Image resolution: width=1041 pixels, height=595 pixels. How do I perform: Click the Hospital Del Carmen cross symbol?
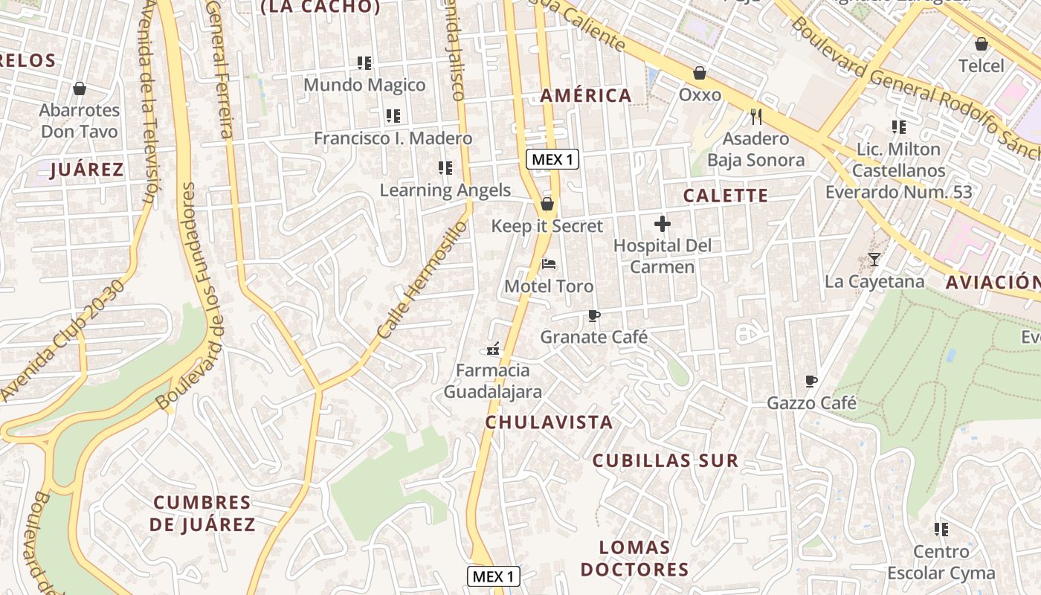pyautogui.click(x=662, y=223)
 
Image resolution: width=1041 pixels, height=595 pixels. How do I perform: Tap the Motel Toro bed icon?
pyautogui.click(x=549, y=264)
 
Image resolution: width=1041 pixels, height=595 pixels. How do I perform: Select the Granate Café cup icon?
pyautogui.click(x=593, y=315)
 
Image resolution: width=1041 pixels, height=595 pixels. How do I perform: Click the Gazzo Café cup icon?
pyautogui.click(x=811, y=382)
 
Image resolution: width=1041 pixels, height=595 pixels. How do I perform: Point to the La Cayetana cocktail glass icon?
pyautogui.click(x=874, y=260)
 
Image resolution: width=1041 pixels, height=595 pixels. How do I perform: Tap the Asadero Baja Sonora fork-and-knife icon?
pyautogui.click(x=756, y=116)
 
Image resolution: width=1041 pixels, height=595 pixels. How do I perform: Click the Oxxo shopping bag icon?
pyautogui.click(x=700, y=73)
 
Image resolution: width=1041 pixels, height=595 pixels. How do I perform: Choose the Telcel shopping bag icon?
pyautogui.click(x=981, y=44)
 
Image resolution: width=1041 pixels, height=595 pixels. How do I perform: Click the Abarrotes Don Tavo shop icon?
pyautogui.click(x=80, y=89)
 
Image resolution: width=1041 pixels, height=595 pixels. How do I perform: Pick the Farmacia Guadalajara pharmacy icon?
pyautogui.click(x=492, y=348)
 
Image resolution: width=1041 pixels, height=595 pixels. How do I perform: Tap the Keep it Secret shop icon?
pyautogui.click(x=547, y=204)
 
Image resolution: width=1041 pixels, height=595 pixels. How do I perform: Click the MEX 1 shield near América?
pyautogui.click(x=552, y=159)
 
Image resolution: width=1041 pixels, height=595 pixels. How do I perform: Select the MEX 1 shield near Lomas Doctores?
pyautogui.click(x=493, y=576)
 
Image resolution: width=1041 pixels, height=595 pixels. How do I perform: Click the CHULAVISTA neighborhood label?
pyautogui.click(x=549, y=422)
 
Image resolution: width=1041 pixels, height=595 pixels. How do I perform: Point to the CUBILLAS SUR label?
pyautogui.click(x=665, y=460)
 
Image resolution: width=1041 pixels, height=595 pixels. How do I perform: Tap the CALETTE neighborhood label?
pyautogui.click(x=725, y=196)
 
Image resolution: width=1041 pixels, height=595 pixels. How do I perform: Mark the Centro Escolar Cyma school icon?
pyautogui.click(x=941, y=530)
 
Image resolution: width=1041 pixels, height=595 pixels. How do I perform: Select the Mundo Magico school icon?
pyautogui.click(x=364, y=63)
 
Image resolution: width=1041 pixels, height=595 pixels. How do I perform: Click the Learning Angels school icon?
pyautogui.click(x=445, y=168)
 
